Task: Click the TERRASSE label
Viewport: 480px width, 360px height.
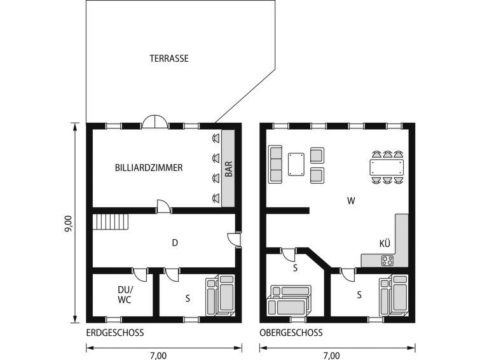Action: [169, 59]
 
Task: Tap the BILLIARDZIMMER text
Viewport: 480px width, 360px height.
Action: [149, 168]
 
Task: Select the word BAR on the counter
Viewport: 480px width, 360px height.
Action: [229, 169]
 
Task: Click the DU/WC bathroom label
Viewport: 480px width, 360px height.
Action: [125, 294]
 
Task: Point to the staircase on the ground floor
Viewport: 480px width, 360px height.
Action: [111, 221]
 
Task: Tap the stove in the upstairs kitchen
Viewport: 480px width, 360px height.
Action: [387, 261]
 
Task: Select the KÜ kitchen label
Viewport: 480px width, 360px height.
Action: [385, 244]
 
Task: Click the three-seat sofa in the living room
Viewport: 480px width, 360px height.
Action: [275, 164]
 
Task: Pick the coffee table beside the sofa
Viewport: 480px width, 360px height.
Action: [296, 164]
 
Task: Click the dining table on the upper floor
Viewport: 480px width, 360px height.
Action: [387, 167]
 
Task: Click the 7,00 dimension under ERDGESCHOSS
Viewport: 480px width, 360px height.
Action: [158, 356]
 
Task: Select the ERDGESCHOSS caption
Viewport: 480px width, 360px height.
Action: [115, 333]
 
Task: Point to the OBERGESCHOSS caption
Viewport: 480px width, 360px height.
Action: [291, 333]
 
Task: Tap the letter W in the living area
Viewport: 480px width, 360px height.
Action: [351, 201]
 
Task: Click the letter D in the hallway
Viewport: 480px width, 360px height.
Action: [175, 243]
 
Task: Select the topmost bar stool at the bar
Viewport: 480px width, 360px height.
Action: [216, 139]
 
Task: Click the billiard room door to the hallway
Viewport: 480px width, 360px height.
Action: [164, 207]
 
